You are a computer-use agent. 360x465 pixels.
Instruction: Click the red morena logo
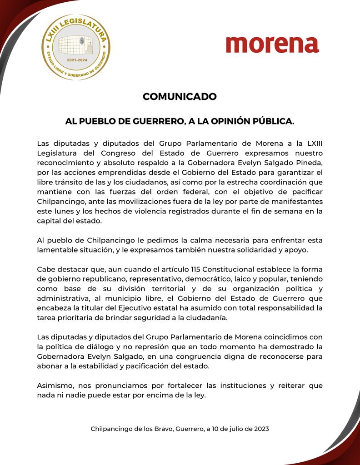pos(272,45)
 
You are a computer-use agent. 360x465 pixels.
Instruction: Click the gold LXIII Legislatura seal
pos(76,47)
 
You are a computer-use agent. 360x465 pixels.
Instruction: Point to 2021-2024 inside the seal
pos(77,60)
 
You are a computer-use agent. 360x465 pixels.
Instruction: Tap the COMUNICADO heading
pos(180,97)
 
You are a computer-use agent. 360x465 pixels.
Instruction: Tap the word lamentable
pos(57,250)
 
